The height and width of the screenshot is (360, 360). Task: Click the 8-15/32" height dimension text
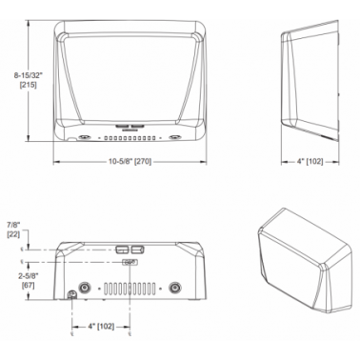[x=28, y=75]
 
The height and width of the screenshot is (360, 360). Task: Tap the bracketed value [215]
[x=28, y=85]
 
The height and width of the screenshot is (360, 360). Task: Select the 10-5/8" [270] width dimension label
[x=130, y=162]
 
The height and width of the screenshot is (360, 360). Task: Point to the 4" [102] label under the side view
[x=310, y=162]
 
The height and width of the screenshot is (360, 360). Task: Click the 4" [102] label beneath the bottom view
[x=101, y=327]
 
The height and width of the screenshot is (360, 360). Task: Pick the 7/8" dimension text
[x=13, y=225]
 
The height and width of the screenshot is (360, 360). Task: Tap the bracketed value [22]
[x=13, y=234]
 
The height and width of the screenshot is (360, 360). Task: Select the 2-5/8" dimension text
[x=28, y=276]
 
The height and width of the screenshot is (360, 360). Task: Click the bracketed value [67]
[x=28, y=286]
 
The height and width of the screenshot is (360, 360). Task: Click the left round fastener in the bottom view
[x=85, y=288]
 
